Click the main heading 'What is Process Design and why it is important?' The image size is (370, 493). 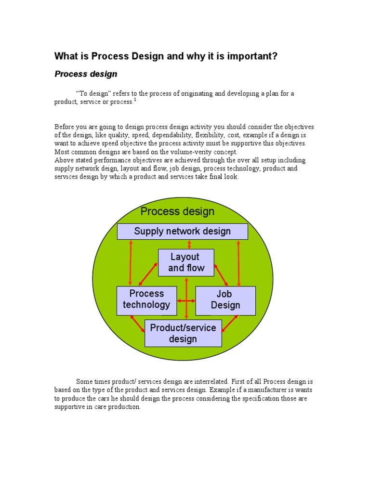pyautogui.click(x=166, y=56)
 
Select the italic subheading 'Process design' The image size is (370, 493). pyautogui.click(x=86, y=74)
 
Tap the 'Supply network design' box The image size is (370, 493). pyautogui.click(x=183, y=231)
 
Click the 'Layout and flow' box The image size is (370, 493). pyautogui.click(x=186, y=262)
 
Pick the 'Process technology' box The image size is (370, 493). pyautogui.click(x=146, y=299)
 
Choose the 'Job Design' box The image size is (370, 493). pyautogui.click(x=225, y=299)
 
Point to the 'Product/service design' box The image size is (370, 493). pyautogui.click(x=183, y=333)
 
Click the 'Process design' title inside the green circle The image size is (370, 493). pyautogui.click(x=177, y=211)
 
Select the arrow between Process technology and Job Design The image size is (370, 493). pyautogui.click(x=186, y=301)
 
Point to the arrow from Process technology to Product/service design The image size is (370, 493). pyautogui.click(x=137, y=324)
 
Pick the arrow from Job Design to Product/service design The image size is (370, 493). pyautogui.click(x=230, y=324)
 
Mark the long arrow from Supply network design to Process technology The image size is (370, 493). pyautogui.click(x=130, y=263)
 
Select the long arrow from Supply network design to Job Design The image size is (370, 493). pyautogui.click(x=238, y=263)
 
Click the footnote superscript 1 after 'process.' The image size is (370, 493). pyautogui.click(x=135, y=100)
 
